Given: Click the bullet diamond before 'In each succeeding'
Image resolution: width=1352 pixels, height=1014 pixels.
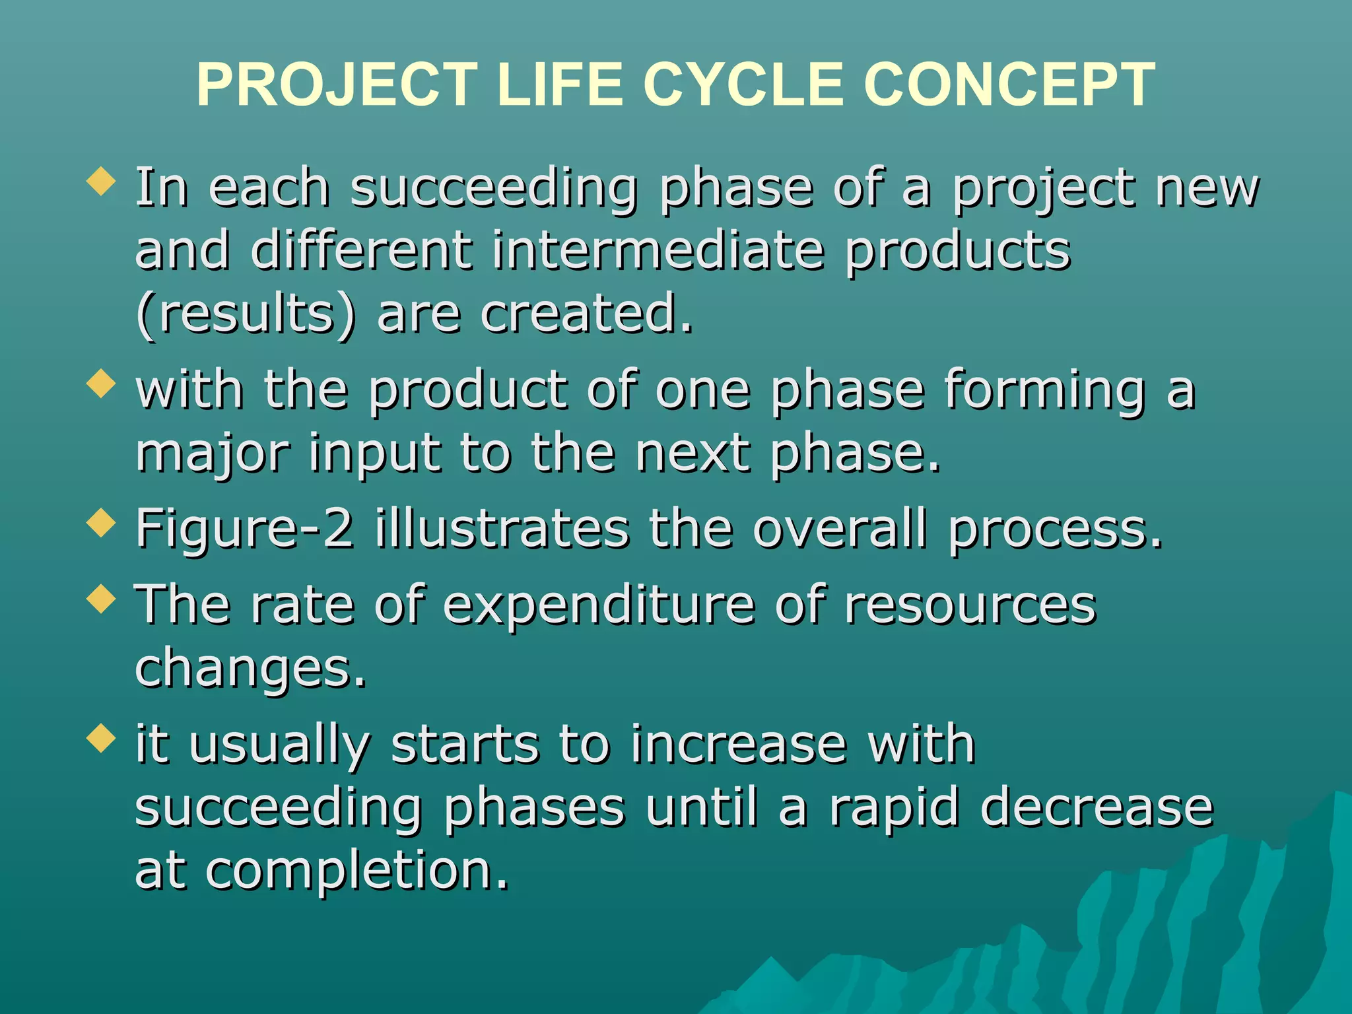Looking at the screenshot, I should coord(101,181).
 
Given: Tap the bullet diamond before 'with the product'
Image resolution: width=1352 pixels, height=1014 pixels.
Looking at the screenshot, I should coord(101,384).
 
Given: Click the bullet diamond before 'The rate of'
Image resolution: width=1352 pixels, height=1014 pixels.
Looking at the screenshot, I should coord(101,599).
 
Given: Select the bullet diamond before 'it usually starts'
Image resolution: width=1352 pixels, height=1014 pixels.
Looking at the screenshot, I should coord(101,737).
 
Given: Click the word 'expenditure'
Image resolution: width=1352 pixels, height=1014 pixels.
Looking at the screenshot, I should coord(598,605).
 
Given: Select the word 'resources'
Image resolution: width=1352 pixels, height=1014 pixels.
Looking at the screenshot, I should coord(970,605).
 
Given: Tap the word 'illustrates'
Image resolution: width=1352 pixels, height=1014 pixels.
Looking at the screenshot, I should coord(502,529).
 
